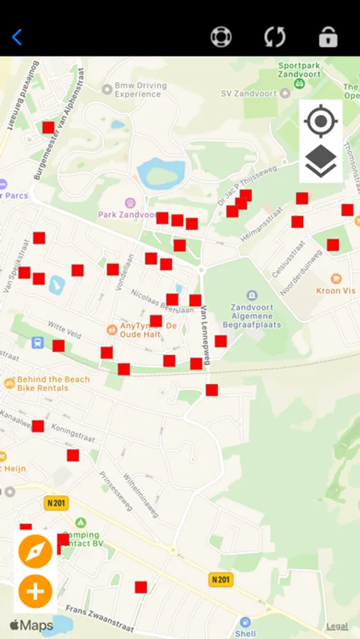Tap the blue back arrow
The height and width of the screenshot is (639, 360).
click(17, 37)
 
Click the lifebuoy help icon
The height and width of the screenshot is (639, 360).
click(221, 37)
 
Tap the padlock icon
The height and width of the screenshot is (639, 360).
click(328, 37)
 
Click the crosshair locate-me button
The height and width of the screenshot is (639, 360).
click(320, 121)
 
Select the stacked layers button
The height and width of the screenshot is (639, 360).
click(320, 161)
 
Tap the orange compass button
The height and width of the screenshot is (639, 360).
click(36, 552)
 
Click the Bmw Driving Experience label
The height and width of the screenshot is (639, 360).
click(140, 90)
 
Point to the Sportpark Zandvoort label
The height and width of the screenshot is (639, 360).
click(299, 70)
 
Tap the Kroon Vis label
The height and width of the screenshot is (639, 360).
click(336, 290)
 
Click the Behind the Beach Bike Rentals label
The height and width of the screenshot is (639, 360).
click(53, 383)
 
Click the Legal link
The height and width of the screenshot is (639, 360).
click(337, 626)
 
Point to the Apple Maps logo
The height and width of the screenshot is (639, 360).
click(31, 626)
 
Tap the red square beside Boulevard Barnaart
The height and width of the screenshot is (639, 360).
click(48, 127)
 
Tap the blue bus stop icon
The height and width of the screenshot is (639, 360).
click(38, 343)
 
